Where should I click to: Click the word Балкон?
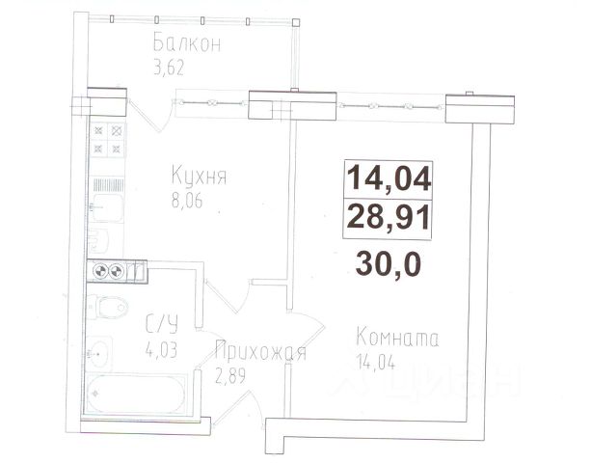[x=187, y=42]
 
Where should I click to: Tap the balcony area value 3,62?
[x=169, y=68]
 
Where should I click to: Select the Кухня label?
[x=199, y=176]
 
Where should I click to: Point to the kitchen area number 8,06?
[x=187, y=201]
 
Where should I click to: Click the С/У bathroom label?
[x=162, y=325]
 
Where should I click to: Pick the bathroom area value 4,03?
[x=161, y=349]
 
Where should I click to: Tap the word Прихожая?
[x=260, y=351]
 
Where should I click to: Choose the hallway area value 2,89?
[x=230, y=375]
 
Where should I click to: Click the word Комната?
[x=397, y=338]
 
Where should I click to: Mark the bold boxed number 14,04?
[x=389, y=178]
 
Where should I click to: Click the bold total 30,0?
[x=389, y=264]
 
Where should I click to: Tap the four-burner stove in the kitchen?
[x=108, y=140]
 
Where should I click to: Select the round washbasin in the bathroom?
[x=98, y=354]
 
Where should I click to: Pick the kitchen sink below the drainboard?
[x=107, y=208]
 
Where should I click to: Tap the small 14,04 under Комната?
[x=375, y=363]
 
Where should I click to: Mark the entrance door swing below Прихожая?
[x=238, y=410]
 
